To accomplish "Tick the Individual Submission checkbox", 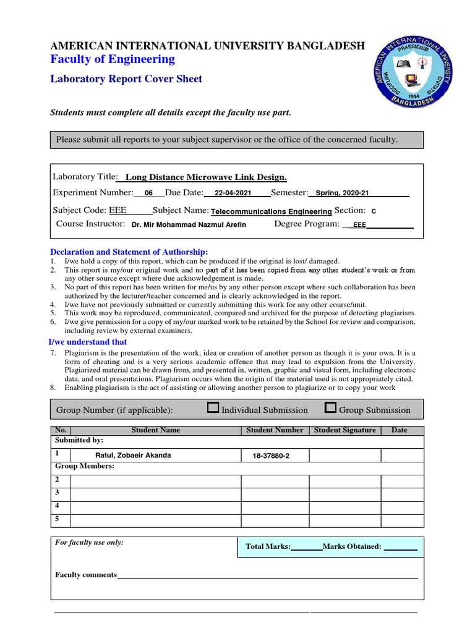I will pos(213,407).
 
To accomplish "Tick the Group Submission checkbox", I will pos(330,407).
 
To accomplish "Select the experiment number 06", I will pos(148,193).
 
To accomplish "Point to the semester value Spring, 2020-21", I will pos(342,193).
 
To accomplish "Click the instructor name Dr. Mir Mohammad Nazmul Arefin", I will pos(189,224).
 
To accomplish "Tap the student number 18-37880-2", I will pos(271,456).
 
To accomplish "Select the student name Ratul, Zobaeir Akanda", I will pos(133,455).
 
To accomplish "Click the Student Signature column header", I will pos(344,430).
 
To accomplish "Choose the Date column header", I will pos(400,430).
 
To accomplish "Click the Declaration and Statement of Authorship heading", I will pos(129,252).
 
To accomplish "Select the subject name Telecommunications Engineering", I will pos(272,211).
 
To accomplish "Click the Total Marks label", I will pos(268,546).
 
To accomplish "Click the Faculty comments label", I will pos(86,575).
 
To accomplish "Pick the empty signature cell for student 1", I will pos(344,456).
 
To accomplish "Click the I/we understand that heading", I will pos(88,342).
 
